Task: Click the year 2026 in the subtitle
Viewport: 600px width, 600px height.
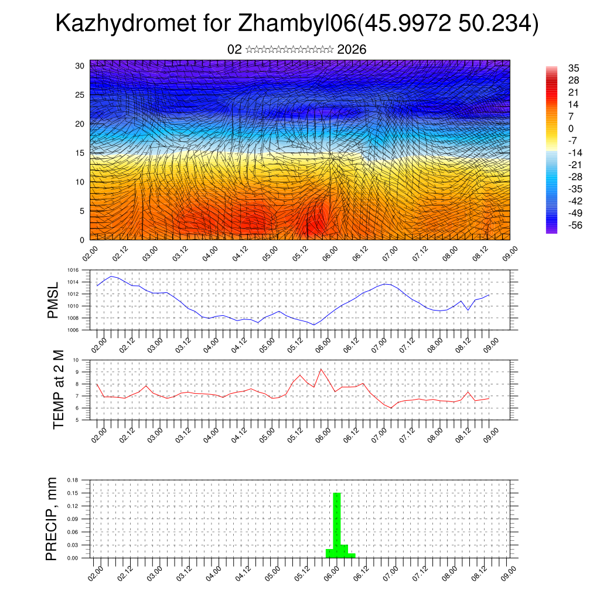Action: pos(352,50)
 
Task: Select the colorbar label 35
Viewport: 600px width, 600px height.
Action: pos(574,68)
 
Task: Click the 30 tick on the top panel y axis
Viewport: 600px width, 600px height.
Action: pos(80,66)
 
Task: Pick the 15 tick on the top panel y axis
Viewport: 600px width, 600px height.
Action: pos(80,153)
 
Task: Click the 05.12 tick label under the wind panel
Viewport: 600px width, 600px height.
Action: pos(299,252)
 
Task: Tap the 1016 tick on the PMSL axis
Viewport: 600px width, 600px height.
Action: pos(73,271)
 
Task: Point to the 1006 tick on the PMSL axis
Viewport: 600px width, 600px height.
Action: pos(73,330)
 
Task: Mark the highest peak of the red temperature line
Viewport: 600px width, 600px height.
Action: pos(321,369)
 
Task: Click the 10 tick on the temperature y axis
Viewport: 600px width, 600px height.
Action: pos(76,360)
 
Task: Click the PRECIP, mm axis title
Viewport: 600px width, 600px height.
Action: pos(52,519)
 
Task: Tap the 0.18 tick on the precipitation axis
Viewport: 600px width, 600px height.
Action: pos(73,480)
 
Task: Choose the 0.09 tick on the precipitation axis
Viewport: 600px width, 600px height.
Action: pos(73,519)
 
